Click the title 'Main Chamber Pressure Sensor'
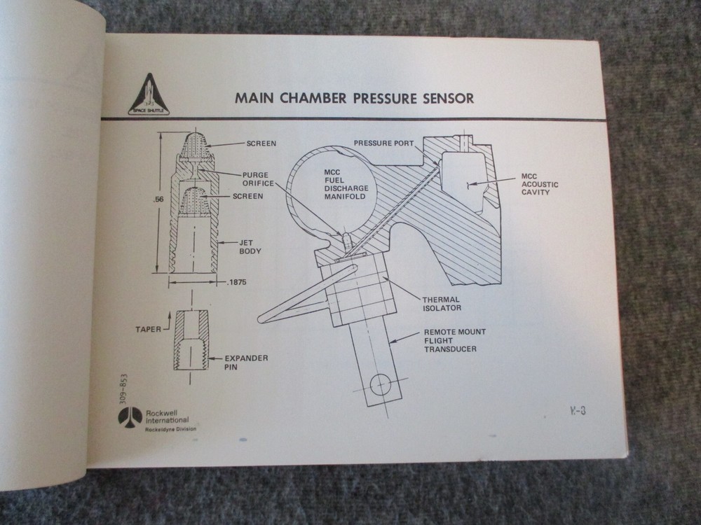click(354, 97)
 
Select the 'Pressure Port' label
click(383, 143)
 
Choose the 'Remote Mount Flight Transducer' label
click(454, 339)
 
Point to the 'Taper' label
click(149, 327)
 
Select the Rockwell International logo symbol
click(130, 416)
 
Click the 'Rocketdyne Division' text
click(170, 428)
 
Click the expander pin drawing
click(191, 340)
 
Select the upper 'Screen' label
click(261, 143)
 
